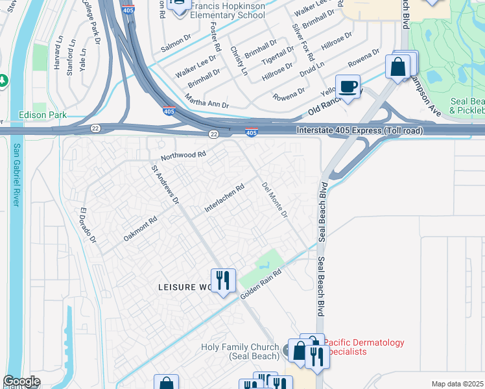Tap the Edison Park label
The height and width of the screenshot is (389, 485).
[43, 115]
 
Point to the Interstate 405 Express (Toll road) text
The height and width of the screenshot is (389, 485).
[360, 131]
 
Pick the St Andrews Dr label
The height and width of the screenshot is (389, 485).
[165, 184]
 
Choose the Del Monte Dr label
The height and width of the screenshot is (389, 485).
[274, 200]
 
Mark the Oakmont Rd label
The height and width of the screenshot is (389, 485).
[140, 230]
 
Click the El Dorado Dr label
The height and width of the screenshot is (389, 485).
[88, 226]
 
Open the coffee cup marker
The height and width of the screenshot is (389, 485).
[349, 87]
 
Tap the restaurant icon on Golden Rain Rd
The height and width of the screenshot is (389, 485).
[222, 280]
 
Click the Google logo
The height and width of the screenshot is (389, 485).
[21, 381]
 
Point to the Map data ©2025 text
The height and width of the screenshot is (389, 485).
[456, 384]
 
